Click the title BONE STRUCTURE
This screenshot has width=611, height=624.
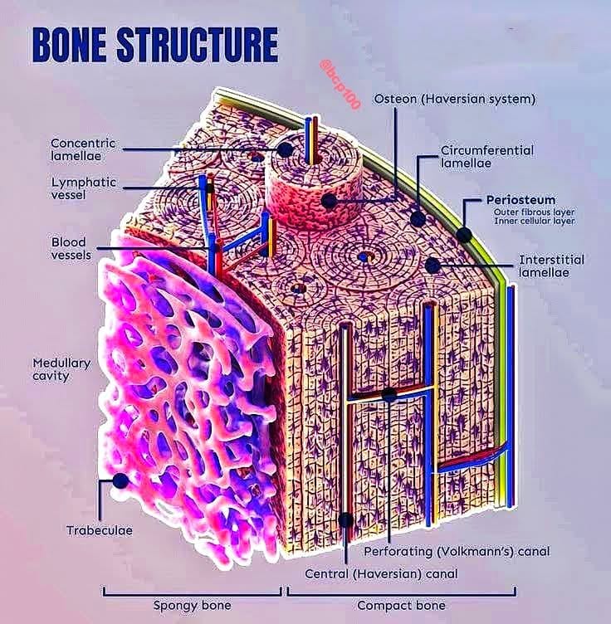tap(155, 44)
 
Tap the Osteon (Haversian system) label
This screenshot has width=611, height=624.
tap(455, 99)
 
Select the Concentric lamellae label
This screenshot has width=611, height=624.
tap(83, 149)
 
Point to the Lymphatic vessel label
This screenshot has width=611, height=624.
tap(84, 188)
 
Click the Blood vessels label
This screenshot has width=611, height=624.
tap(71, 248)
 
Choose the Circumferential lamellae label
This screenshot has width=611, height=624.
tap(487, 157)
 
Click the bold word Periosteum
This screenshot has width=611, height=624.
tap(521, 200)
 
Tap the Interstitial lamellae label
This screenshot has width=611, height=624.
tap(551, 266)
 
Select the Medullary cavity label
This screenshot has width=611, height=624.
tap(61, 369)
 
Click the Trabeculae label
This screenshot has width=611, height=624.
tap(100, 530)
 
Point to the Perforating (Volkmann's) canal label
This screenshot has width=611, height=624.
tap(457, 552)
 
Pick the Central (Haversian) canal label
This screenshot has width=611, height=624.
tap(381, 574)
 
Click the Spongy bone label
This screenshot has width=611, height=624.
tap(193, 606)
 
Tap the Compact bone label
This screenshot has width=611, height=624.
tap(401, 606)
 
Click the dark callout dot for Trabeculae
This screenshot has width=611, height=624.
tap(120, 480)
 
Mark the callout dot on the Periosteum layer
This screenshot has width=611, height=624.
tap(464, 235)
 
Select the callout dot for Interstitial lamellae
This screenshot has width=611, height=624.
tap(433, 266)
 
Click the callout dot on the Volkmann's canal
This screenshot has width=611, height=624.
tap(389, 395)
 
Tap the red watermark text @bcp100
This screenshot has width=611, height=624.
tap(340, 85)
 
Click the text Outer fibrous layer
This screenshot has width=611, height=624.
tap(534, 212)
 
